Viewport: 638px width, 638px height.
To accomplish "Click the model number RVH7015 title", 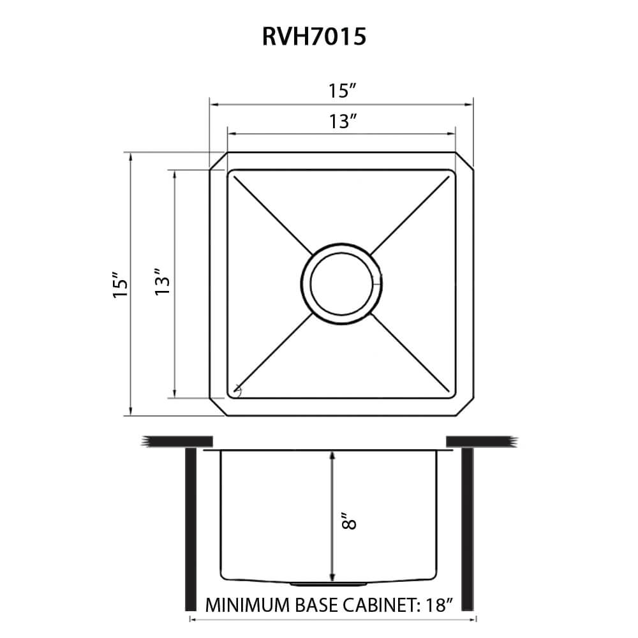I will coord(313,38).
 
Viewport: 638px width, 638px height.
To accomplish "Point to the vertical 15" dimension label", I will coord(119,285).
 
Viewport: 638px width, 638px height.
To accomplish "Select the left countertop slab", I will coord(178,441).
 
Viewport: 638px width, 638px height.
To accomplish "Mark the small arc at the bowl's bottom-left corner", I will coord(237,389).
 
